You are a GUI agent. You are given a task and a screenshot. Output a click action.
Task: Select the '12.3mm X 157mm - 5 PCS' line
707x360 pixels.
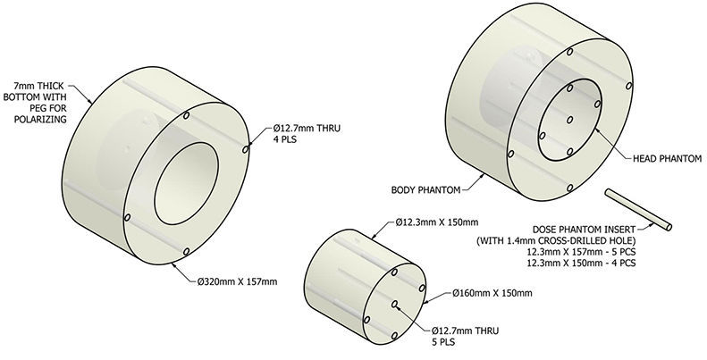coord(590,254)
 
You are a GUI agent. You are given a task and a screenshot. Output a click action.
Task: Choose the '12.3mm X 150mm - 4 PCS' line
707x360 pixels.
coord(590,265)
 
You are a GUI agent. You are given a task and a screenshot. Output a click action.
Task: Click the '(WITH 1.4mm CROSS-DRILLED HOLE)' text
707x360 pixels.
coord(590,241)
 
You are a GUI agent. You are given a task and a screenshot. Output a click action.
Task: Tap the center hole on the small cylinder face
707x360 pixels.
coord(394,304)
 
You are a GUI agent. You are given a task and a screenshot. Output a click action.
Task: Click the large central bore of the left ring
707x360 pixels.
coord(186,186)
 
